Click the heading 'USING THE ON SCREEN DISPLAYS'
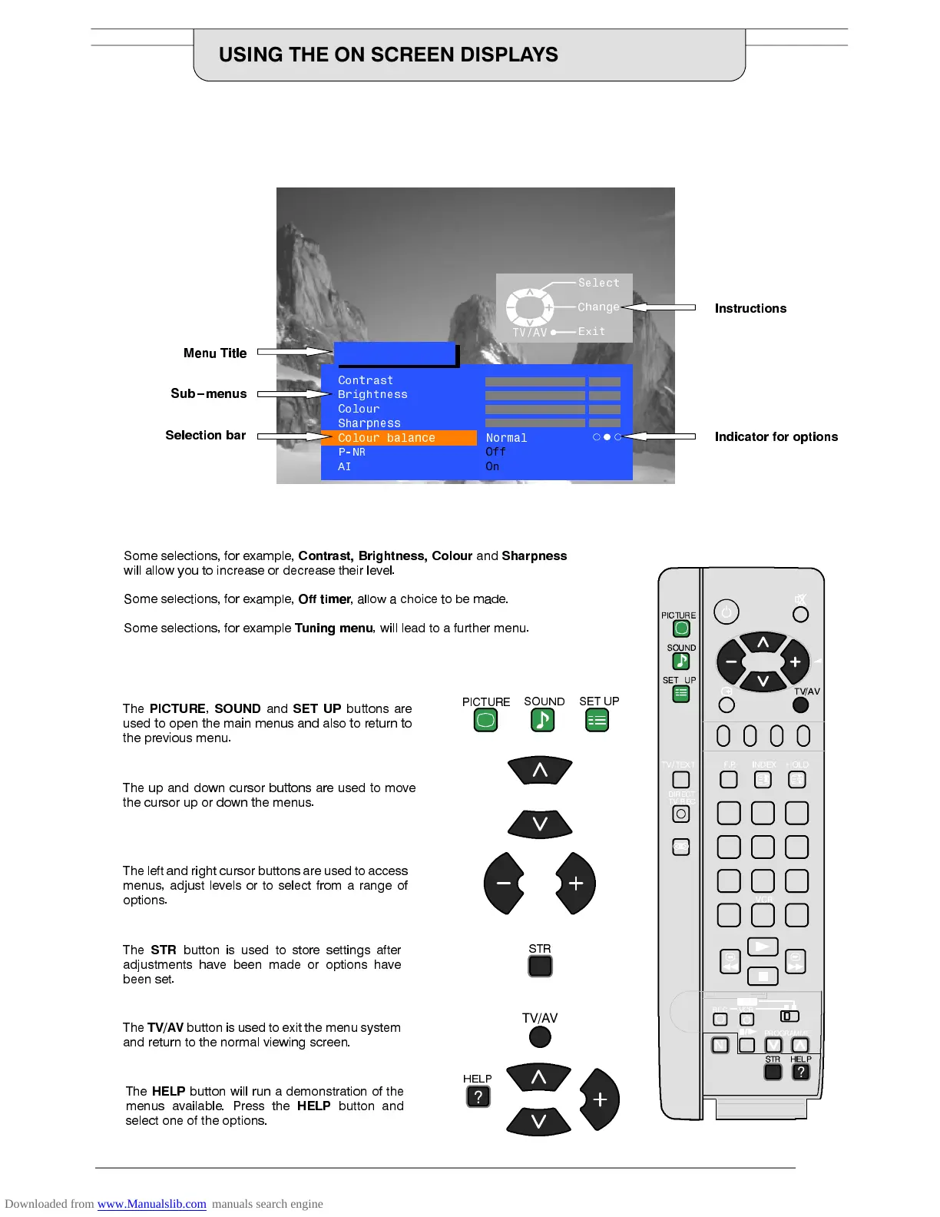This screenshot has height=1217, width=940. pyautogui.click(x=388, y=55)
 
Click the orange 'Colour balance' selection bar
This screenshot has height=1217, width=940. pyautogui.click(x=399, y=438)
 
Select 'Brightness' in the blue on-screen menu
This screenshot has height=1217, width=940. pyautogui.click(x=372, y=394)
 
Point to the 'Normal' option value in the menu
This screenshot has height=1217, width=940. pyautogui.click(x=506, y=438)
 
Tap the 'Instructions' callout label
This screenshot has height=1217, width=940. pyautogui.click(x=750, y=308)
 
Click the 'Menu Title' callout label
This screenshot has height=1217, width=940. pyautogui.click(x=215, y=353)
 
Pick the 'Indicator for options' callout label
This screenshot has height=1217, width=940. pyautogui.click(x=776, y=436)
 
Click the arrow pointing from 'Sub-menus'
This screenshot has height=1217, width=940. pyautogui.click(x=293, y=394)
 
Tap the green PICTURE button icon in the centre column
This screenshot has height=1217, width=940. pyautogui.click(x=485, y=721)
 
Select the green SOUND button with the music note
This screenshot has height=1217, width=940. pyautogui.click(x=542, y=720)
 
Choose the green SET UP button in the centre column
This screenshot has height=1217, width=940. pyautogui.click(x=597, y=720)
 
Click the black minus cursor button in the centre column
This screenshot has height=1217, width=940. pyautogui.click(x=503, y=884)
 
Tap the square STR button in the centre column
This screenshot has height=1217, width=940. pyautogui.click(x=540, y=966)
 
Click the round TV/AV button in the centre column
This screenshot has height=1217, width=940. pyautogui.click(x=540, y=1037)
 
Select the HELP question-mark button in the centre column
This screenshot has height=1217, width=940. pyautogui.click(x=478, y=1096)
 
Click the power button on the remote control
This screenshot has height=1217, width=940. pyautogui.click(x=726, y=612)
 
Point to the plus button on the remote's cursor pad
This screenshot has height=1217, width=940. pyautogui.click(x=795, y=662)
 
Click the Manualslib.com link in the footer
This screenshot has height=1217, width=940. pyautogui.click(x=151, y=1204)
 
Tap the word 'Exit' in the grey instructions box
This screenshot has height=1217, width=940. pyautogui.click(x=591, y=331)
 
